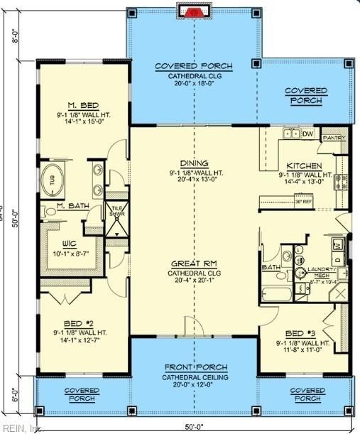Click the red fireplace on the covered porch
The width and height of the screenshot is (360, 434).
192,11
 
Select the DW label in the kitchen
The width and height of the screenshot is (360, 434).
307,134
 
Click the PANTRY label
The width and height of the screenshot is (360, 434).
332,138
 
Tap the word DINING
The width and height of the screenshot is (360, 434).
194,163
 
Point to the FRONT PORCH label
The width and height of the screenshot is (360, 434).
193,368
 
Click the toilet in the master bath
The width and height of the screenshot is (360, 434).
47,212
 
